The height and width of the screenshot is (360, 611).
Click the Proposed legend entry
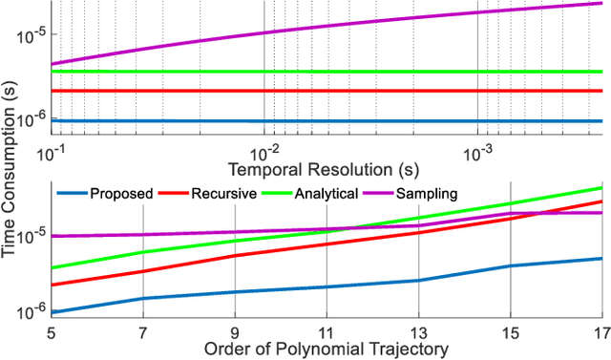(x=121, y=194)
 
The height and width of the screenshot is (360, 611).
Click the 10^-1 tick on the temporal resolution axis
(x=52, y=154)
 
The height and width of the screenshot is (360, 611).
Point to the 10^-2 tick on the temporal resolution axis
(x=264, y=154)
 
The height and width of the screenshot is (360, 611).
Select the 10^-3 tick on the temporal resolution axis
(x=477, y=154)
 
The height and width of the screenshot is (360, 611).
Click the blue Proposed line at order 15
(x=510, y=266)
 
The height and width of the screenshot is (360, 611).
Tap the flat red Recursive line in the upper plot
(x=325, y=91)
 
